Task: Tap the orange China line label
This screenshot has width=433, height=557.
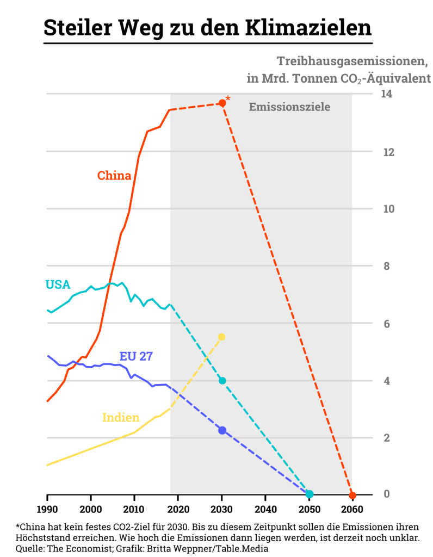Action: (x=114, y=176)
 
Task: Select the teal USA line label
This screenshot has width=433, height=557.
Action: (x=58, y=284)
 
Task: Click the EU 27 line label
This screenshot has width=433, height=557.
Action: (x=136, y=356)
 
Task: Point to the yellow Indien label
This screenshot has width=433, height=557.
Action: (x=121, y=418)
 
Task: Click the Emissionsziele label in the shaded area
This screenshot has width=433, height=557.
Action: (x=289, y=107)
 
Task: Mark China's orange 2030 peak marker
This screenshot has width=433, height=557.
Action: (x=222, y=103)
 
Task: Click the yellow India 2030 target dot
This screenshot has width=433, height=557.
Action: (x=221, y=337)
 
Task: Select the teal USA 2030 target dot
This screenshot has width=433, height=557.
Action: (x=222, y=381)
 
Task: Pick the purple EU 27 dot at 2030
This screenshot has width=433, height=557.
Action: (x=222, y=430)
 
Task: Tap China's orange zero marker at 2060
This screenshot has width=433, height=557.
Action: (x=352, y=495)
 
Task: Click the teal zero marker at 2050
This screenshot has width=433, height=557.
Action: (x=310, y=494)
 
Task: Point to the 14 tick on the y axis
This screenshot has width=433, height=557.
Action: (x=387, y=94)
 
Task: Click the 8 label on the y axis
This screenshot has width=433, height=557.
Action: (x=387, y=266)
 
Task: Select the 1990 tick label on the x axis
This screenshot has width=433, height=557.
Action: (x=47, y=511)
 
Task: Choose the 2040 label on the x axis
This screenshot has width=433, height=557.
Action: (x=265, y=511)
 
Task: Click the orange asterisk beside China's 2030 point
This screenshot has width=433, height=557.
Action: (x=228, y=98)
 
